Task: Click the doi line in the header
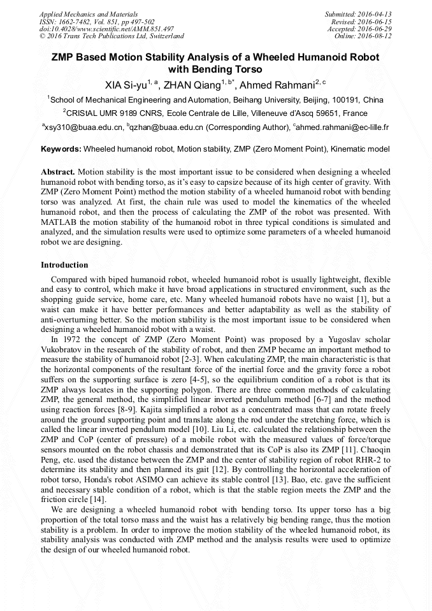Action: (x=106, y=29)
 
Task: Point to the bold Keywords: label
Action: (x=61, y=149)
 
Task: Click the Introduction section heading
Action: (x=64, y=264)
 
